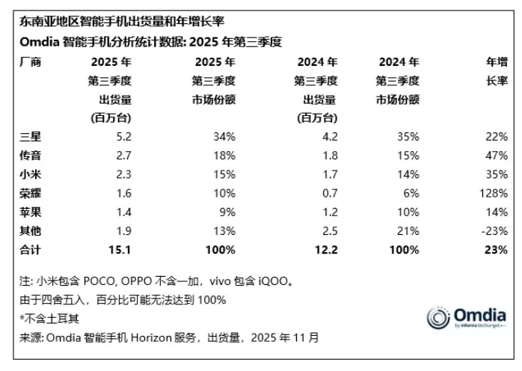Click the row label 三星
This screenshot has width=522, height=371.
(x=27, y=137)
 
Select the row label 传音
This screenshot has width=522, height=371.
(x=27, y=156)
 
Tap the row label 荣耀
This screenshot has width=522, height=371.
(x=27, y=193)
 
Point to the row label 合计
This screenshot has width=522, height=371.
(x=27, y=249)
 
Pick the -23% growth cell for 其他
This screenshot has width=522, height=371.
(x=497, y=230)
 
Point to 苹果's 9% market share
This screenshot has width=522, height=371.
(x=227, y=212)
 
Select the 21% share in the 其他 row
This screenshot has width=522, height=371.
(x=408, y=230)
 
